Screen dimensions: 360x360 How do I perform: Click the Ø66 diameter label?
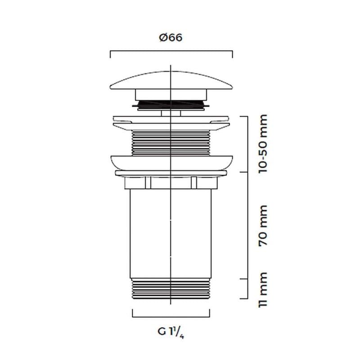click(x=171, y=38)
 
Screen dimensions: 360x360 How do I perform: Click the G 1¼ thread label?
click(x=171, y=333)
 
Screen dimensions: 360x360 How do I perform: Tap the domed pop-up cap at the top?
click(x=171, y=81)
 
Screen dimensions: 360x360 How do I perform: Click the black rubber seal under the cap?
click(x=171, y=104)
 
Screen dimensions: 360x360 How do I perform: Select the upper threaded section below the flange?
click(x=171, y=143)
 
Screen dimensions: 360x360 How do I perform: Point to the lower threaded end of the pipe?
click(x=171, y=289)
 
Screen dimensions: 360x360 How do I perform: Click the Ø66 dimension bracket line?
click(x=171, y=51)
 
